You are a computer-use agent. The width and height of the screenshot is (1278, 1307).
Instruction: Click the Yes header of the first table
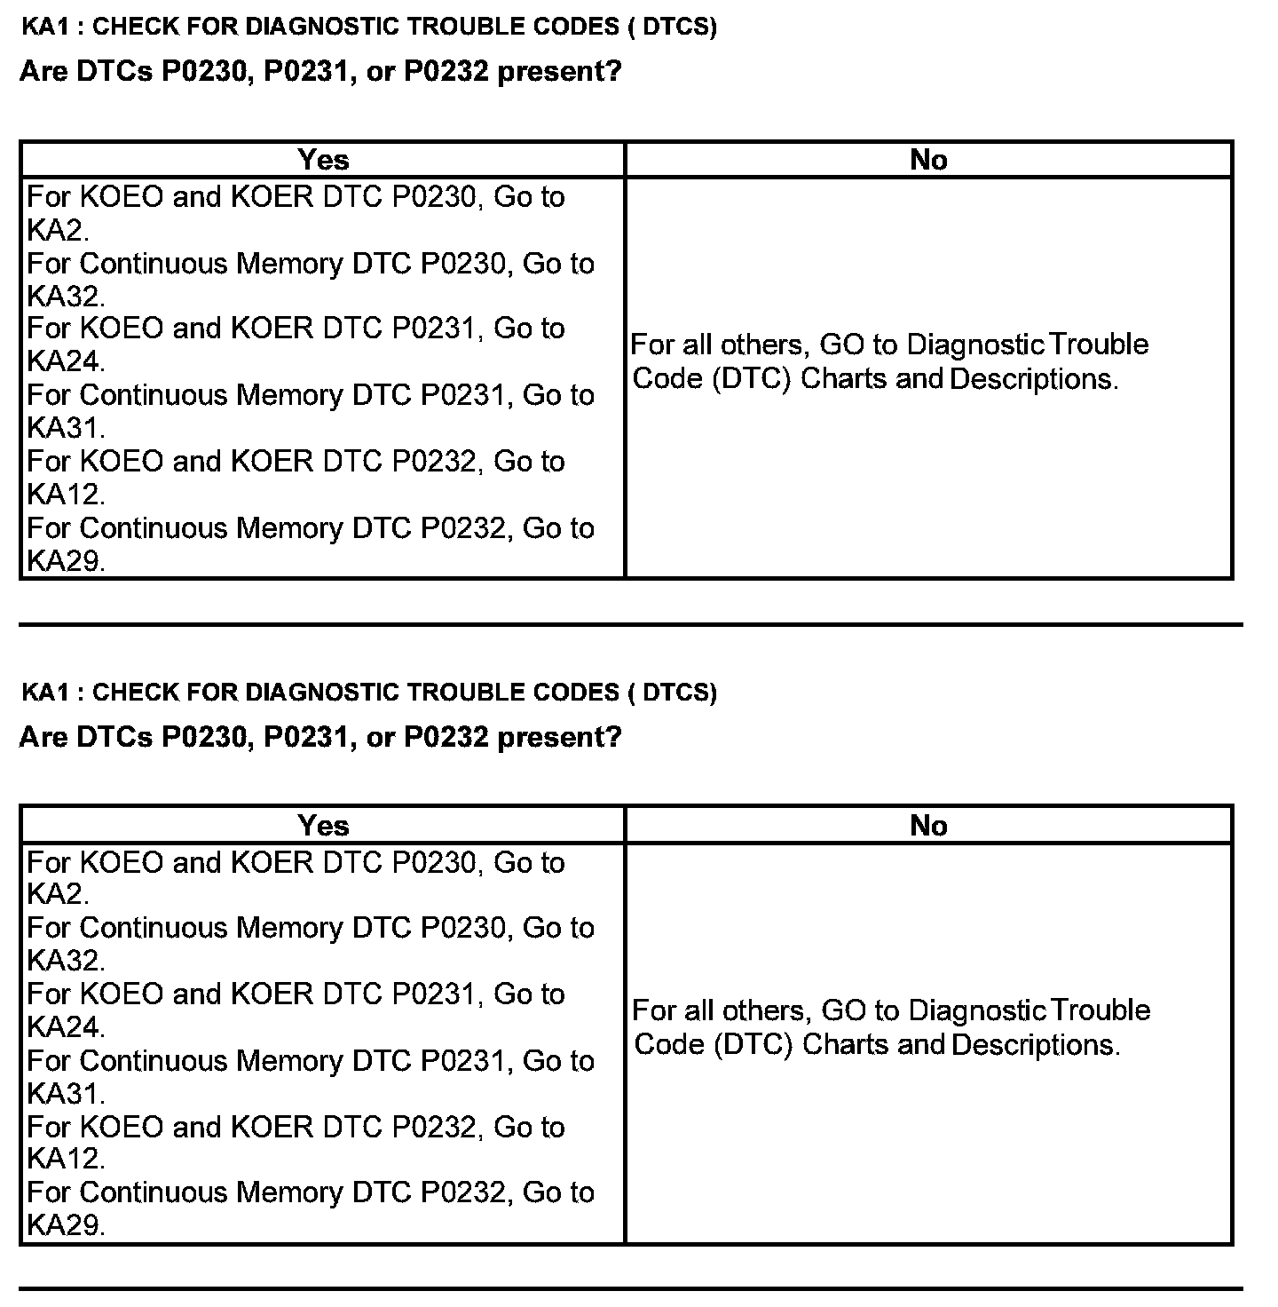[x=323, y=160]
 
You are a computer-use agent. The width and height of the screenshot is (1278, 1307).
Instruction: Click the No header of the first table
[x=928, y=160]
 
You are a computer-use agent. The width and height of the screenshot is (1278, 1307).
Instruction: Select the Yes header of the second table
[x=323, y=826]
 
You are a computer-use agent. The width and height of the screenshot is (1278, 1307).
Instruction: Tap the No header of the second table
[x=928, y=826]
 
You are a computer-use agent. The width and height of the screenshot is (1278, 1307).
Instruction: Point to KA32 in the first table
[x=64, y=296]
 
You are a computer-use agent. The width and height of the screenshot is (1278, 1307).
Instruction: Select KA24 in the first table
[x=64, y=361]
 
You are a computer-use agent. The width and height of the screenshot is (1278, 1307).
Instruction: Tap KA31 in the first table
[x=64, y=428]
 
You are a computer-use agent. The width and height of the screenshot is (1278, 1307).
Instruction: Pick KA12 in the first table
[x=64, y=494]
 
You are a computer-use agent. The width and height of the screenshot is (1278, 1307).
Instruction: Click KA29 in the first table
[x=64, y=561]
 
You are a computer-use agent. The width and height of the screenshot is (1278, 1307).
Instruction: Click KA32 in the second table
[x=64, y=961]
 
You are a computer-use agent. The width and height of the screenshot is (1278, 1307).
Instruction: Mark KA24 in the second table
[x=64, y=1027]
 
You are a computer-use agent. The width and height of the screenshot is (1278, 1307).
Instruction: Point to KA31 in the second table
[x=64, y=1093]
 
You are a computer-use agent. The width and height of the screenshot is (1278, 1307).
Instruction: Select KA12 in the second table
[x=64, y=1159]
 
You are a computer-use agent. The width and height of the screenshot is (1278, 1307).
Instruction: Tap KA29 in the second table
[x=64, y=1225]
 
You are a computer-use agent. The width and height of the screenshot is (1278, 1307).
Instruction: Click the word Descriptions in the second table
[x=1033, y=1045]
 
